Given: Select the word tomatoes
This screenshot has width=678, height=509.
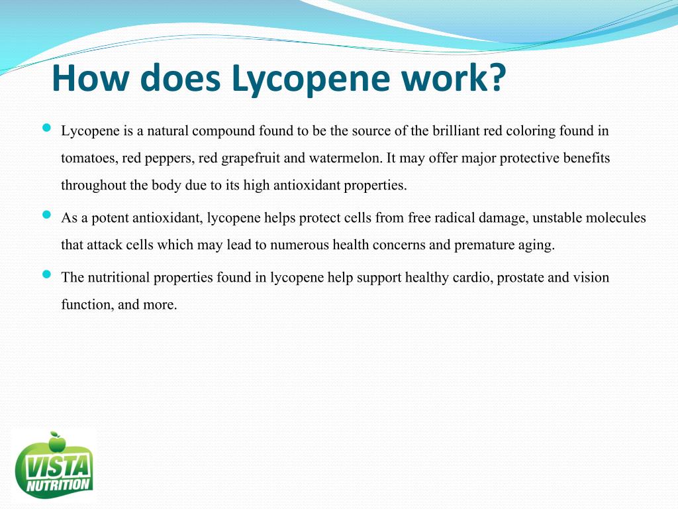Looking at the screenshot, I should (88, 159).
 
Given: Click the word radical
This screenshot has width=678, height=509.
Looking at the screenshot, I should (454, 218).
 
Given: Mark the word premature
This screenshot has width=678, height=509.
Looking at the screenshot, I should (482, 245).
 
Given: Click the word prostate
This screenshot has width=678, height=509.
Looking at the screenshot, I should (520, 277).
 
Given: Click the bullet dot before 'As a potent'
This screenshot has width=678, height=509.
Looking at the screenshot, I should (46, 215).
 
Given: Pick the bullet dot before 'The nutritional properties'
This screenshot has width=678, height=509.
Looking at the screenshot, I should (46, 274).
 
